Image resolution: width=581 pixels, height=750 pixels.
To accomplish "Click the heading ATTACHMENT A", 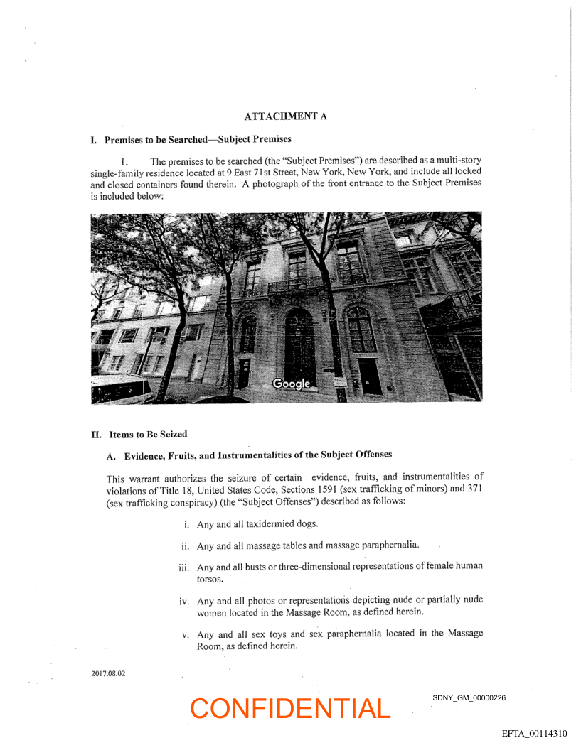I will point(285,116).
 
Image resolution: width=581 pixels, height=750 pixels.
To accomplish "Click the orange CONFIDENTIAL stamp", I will point(290,708).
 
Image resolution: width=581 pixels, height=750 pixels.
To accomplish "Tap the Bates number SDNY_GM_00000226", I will point(469,697).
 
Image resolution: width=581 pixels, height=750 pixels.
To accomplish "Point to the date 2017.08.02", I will point(108,673).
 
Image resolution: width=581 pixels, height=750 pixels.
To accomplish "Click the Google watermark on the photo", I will point(292,384).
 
